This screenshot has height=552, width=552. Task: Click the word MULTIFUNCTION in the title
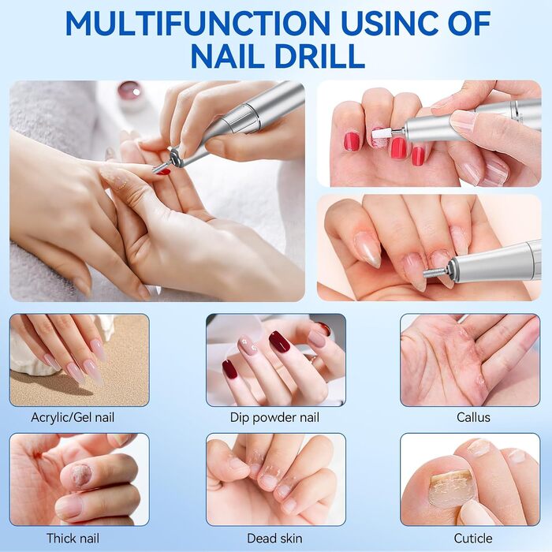[x=197, y=23]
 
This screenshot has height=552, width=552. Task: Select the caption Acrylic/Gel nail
[x=73, y=417]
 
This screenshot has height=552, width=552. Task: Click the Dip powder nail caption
[x=274, y=417]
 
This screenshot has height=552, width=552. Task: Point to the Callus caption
[x=473, y=417]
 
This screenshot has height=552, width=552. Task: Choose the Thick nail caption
[x=73, y=539]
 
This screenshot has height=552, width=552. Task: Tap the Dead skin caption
[x=274, y=539]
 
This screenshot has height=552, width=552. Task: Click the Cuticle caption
[x=473, y=539]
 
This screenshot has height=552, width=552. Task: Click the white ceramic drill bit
[x=382, y=134]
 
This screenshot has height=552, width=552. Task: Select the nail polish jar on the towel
[x=129, y=91]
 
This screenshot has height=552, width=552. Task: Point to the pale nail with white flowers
[x=248, y=345]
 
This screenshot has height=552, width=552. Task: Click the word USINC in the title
[x=391, y=23]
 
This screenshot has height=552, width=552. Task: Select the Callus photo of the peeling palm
[x=470, y=360]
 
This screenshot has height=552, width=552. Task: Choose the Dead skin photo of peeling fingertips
[x=276, y=479]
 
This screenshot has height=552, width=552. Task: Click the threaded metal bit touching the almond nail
[x=436, y=273]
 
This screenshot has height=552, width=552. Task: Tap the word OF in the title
[x=471, y=23]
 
